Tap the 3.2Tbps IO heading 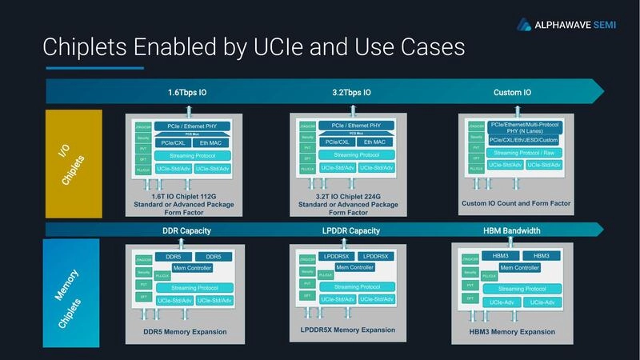pos(353,93)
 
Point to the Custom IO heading pos(514,93)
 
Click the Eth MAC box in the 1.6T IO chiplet pos(212,142)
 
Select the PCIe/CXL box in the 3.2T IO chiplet pos(337,142)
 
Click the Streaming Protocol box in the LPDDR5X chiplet pos(357,286)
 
